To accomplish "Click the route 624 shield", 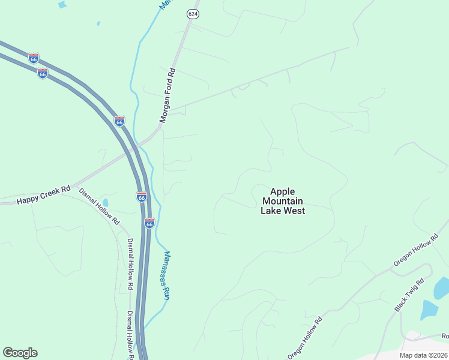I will pyautogui.click(x=192, y=13).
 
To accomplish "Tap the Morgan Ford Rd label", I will pyautogui.click(x=170, y=95).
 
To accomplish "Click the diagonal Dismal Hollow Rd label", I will pyautogui.click(x=100, y=206).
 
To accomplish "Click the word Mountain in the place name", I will pyautogui.click(x=283, y=201).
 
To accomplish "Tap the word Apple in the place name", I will pyautogui.click(x=283, y=191).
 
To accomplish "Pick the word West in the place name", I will pyautogui.click(x=294, y=211).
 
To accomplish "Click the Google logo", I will pyautogui.click(x=20, y=353).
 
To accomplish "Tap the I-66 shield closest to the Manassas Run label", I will pyautogui.click(x=149, y=223).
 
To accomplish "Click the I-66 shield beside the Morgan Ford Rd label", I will pyautogui.click(x=119, y=121).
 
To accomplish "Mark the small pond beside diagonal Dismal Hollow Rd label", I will pyautogui.click(x=106, y=202).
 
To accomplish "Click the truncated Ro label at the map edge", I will pyautogui.click(x=445, y=336).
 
